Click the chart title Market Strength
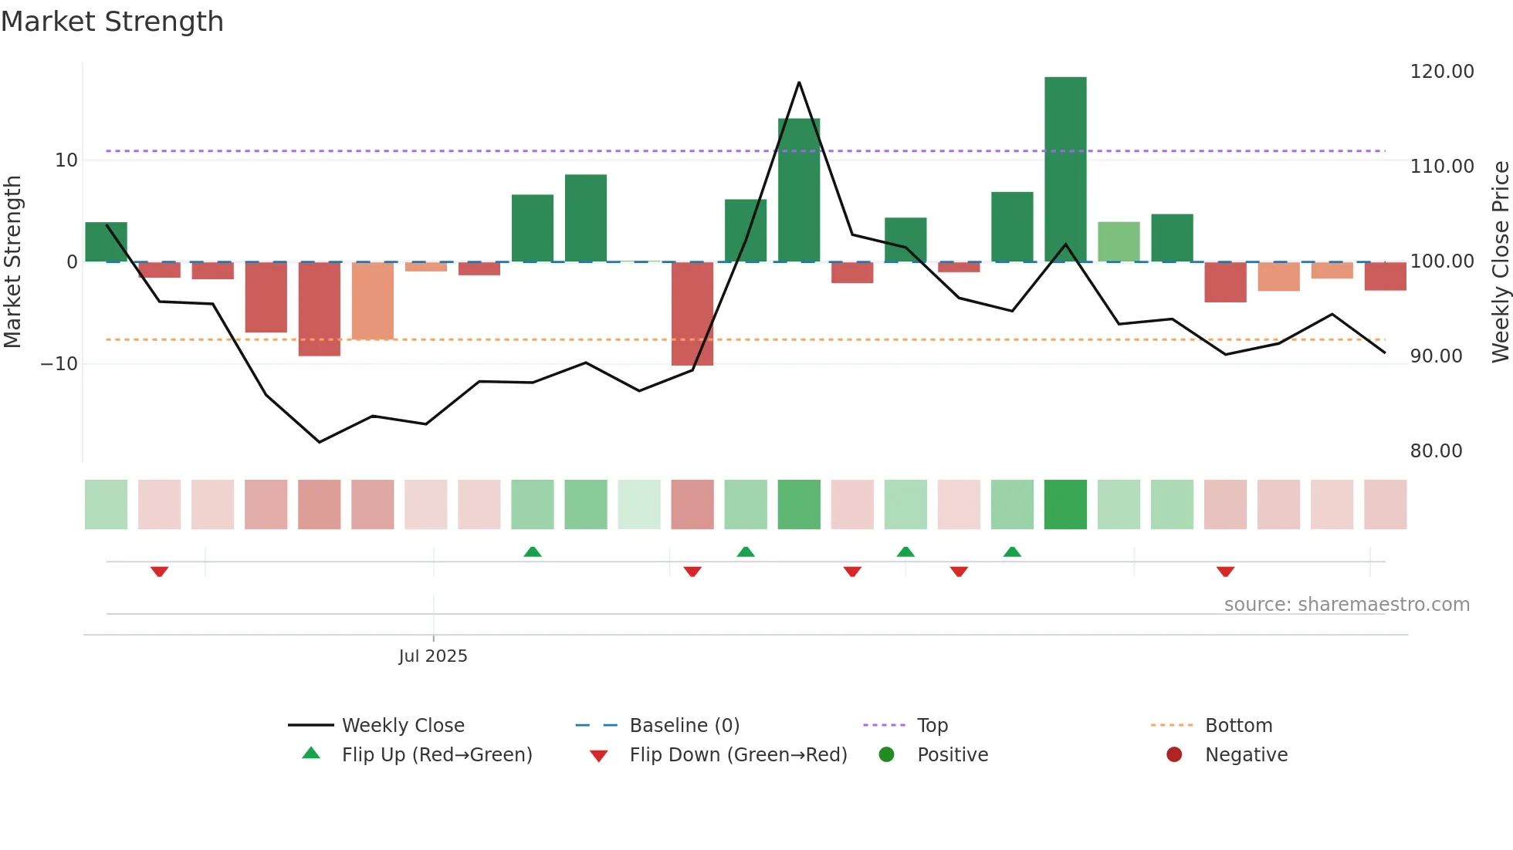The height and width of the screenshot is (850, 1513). [112, 22]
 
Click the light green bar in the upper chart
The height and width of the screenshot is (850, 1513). [1119, 241]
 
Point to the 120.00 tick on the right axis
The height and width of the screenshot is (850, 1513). [1441, 72]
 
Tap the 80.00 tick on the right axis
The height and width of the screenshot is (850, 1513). [1436, 451]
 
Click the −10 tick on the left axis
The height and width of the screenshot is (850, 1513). [59, 364]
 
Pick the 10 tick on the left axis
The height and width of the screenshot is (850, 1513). [66, 160]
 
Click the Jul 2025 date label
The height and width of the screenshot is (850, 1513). [432, 656]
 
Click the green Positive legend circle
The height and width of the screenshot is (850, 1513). [887, 754]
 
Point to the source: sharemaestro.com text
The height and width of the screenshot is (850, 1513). [1346, 605]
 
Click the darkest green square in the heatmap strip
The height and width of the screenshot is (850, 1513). [1065, 504]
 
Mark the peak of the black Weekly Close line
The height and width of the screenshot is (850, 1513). [799, 82]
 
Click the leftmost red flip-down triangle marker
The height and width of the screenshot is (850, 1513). [160, 572]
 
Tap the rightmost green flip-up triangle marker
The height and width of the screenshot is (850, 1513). [1012, 551]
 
